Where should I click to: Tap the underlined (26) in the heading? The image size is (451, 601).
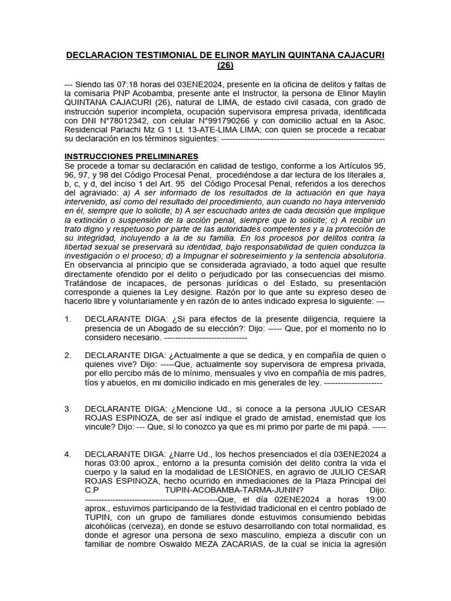225,66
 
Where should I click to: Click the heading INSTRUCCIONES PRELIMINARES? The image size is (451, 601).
131,156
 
